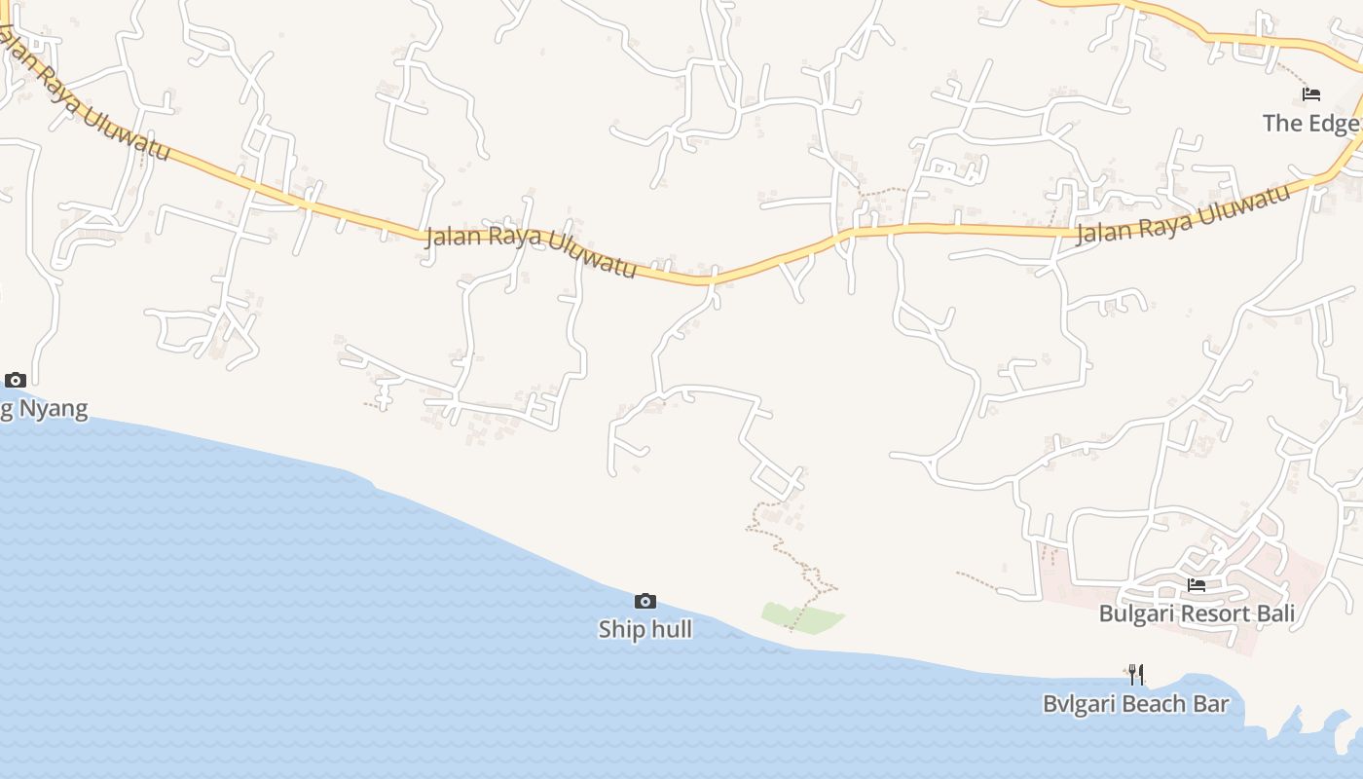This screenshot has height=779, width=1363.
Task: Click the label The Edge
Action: (1309, 123)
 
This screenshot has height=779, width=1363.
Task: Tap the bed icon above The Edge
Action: (1311, 94)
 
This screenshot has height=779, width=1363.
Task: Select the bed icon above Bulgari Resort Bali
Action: (1197, 585)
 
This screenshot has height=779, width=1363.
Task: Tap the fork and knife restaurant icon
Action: (1136, 674)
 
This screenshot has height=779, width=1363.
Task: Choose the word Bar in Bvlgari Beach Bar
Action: (1211, 703)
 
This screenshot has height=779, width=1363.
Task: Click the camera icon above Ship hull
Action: (645, 601)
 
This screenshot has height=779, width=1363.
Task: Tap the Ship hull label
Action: (645, 629)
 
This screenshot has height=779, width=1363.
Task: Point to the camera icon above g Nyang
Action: (16, 380)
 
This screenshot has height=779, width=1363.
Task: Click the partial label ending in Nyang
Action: (44, 409)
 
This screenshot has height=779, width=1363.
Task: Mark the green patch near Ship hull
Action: (802, 617)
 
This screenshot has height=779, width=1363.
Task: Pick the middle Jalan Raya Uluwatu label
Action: (532, 251)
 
